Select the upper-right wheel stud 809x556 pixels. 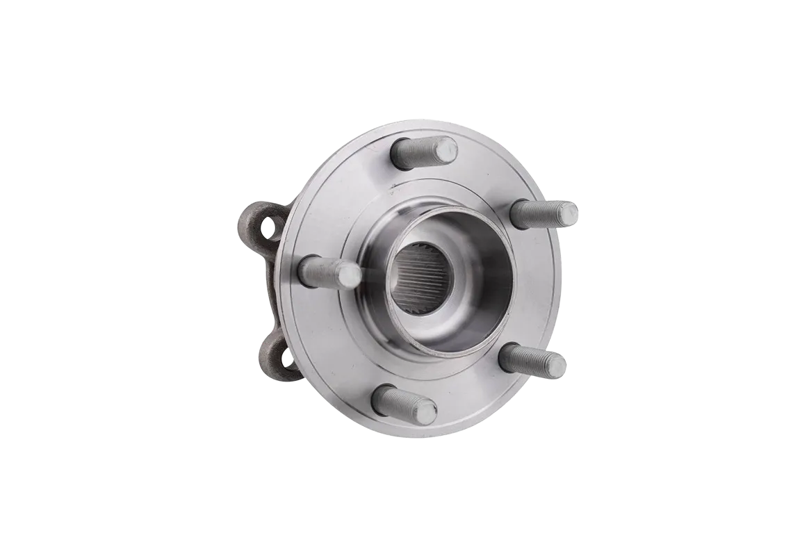(x=546, y=213)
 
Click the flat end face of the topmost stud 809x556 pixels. (x=446, y=148)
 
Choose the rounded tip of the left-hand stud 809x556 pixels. (x=350, y=275)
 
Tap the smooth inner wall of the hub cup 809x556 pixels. (x=480, y=278)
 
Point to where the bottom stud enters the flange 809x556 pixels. (x=382, y=396)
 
